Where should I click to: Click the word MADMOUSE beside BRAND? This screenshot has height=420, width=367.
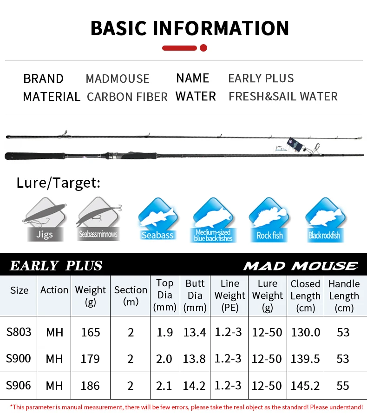point(118,79)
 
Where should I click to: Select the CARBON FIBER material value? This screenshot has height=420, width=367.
point(127,97)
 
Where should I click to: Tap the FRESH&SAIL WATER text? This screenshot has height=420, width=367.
point(283,97)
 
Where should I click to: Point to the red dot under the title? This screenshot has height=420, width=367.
point(203,47)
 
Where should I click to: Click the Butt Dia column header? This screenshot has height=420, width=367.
point(195,295)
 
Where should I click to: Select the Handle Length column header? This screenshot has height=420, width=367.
point(344,295)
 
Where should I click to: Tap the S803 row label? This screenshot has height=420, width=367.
point(19,332)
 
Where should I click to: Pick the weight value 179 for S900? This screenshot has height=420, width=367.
point(90,359)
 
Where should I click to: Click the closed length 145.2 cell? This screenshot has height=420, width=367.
point(305,386)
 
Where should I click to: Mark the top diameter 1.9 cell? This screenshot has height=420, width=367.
point(164,332)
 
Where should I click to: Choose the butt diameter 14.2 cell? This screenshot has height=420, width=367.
point(195,386)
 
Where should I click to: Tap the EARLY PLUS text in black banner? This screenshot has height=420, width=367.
point(56,266)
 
